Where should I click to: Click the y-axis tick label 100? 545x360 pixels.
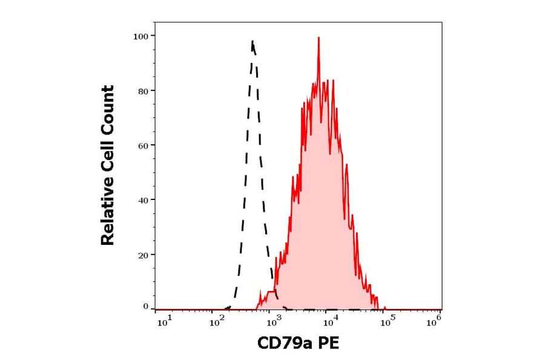[x=140, y=36]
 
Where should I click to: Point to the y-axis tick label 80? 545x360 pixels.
[x=143, y=91]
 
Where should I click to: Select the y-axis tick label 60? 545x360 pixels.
[x=143, y=145]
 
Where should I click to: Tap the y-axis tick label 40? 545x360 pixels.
[x=143, y=200]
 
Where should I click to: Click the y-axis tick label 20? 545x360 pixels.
[x=143, y=255]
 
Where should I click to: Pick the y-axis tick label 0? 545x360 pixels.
[x=146, y=307]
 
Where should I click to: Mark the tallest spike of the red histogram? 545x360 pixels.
[x=319, y=38]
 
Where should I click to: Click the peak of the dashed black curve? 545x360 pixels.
[x=252, y=42]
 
